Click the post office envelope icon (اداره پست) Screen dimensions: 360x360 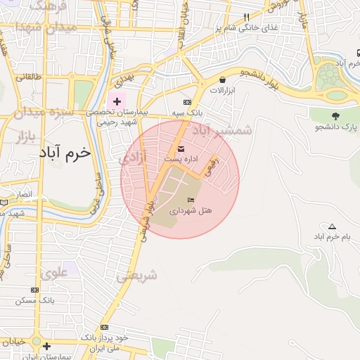(x=181, y=149)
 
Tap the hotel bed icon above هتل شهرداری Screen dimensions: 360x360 (x=191, y=200)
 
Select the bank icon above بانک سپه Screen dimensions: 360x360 (x=186, y=103)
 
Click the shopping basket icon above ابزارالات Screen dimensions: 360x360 (x=223, y=80)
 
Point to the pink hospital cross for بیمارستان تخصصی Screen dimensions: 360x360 (x=117, y=102)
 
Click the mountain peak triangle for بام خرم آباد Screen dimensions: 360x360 (x=332, y=226)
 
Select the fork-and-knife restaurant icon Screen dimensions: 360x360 (x=246, y=17)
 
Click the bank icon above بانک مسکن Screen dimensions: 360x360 (x=35, y=290)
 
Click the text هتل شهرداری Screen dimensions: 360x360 (x=191, y=210)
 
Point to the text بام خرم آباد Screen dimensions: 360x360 (x=328, y=236)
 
